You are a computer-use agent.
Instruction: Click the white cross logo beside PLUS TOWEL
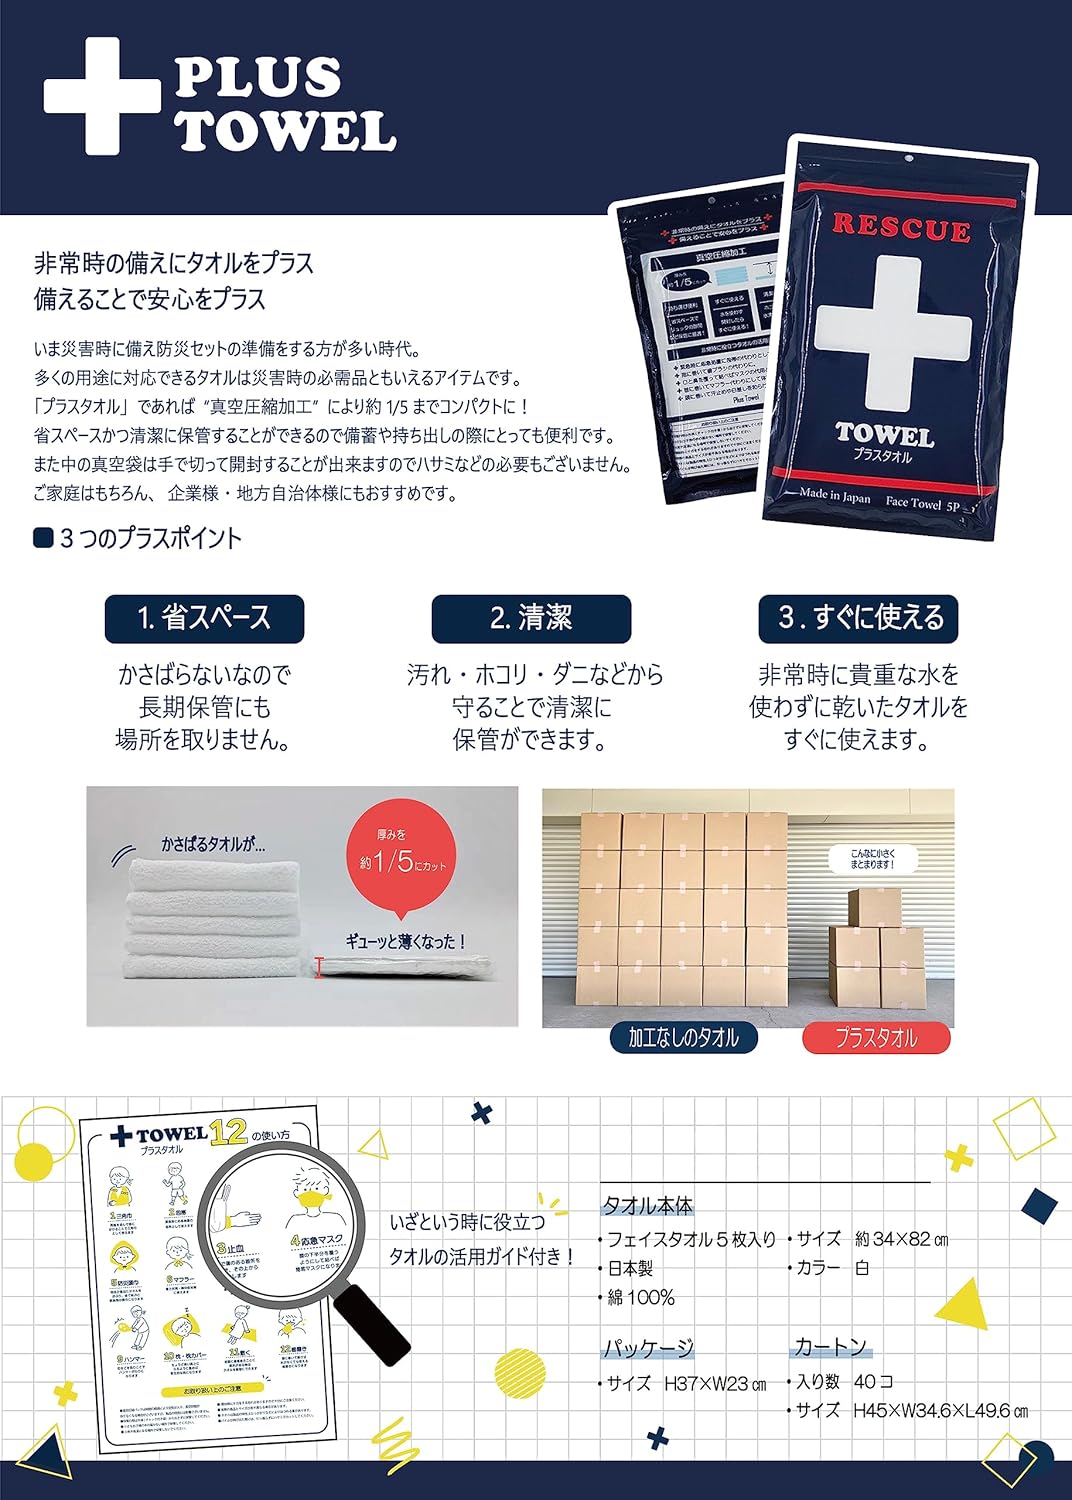[102, 96]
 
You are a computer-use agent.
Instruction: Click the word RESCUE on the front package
[901, 228]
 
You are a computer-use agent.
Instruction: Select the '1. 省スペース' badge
[204, 618]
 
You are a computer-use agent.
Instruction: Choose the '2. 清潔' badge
[531, 618]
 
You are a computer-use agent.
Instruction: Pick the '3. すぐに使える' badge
[858, 618]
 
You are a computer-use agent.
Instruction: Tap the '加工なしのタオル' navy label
[683, 1038]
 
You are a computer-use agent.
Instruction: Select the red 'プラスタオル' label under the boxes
[876, 1038]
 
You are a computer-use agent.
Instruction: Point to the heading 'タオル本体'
[647, 1206]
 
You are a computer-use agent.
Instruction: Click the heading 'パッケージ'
[647, 1349]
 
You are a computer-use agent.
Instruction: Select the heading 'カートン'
[830, 1347]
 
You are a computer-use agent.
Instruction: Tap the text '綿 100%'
[641, 1298]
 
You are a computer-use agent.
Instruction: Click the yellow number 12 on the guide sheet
[229, 1131]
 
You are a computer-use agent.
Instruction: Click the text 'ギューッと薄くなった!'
[406, 941]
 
